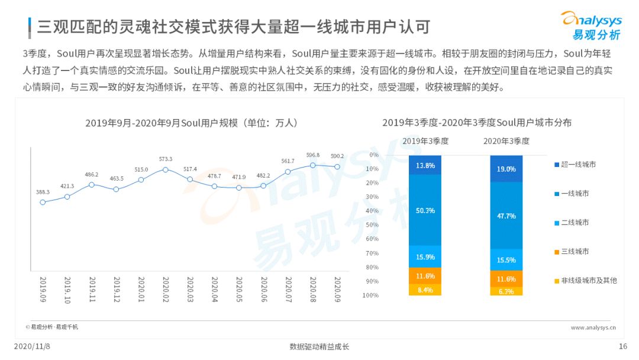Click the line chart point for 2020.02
166,169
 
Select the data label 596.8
313,155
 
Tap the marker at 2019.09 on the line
43,202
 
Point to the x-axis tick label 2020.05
239,290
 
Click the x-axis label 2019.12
117,290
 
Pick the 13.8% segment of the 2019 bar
425,165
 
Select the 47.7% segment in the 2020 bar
506,216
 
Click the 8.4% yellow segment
425,290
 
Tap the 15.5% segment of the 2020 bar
506,260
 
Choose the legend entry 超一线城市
575,165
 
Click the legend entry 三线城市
572,252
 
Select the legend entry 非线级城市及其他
586,281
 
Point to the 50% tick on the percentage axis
372,225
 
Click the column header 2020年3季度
506,141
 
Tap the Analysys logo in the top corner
592,25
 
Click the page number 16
622,346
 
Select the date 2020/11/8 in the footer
32,346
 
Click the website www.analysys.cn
593,327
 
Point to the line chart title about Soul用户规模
192,123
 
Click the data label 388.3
43,192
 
